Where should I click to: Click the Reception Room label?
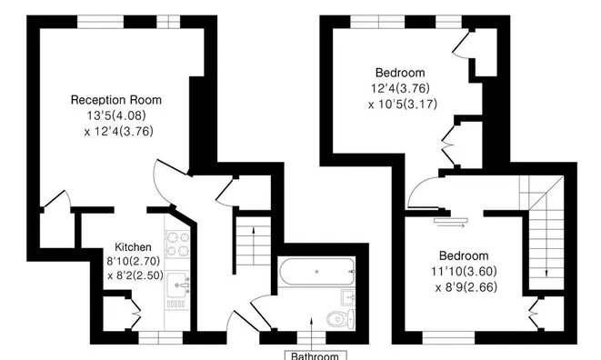tap(117, 98)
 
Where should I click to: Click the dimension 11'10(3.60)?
tap(464, 272)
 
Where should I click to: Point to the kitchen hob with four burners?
tap(175, 244)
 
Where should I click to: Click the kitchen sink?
tap(179, 288)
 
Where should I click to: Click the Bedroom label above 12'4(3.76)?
tap(401, 73)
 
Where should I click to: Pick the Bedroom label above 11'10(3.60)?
tap(464, 255)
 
